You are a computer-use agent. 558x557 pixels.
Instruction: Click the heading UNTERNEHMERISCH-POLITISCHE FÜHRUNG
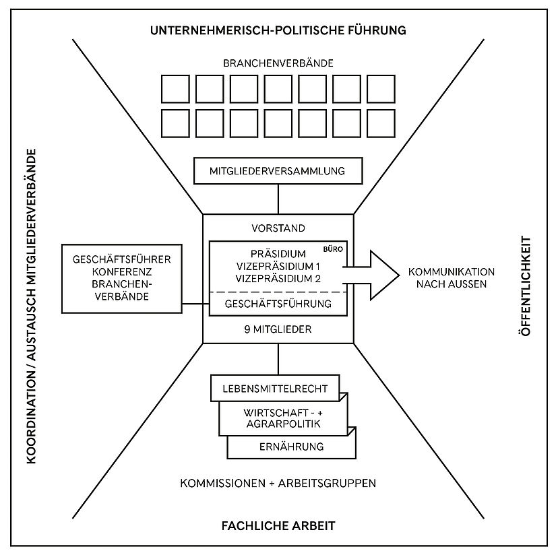[278, 30]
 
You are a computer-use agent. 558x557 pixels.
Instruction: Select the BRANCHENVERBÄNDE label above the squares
[278, 64]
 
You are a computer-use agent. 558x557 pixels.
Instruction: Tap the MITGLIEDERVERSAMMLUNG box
[278, 171]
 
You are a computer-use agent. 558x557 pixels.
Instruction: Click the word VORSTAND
[278, 228]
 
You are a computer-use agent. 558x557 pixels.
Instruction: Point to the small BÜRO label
[336, 249]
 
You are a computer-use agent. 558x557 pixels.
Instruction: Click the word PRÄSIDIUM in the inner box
[277, 254]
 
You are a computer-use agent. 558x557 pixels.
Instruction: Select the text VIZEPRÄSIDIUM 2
[278, 278]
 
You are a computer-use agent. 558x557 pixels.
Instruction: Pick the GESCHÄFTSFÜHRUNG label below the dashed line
[278, 304]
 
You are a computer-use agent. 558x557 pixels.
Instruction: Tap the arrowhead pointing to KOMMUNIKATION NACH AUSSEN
[381, 273]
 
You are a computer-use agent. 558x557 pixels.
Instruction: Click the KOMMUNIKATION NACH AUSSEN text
[451, 278]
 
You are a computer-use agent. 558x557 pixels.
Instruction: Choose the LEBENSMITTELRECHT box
[278, 389]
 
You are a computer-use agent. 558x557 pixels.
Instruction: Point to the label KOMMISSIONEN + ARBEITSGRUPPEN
[278, 484]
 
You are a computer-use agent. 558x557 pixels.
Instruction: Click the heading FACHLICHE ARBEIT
[278, 525]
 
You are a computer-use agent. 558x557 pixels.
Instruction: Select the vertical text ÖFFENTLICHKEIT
[527, 286]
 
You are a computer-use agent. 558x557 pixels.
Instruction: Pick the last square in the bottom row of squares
[381, 123]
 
